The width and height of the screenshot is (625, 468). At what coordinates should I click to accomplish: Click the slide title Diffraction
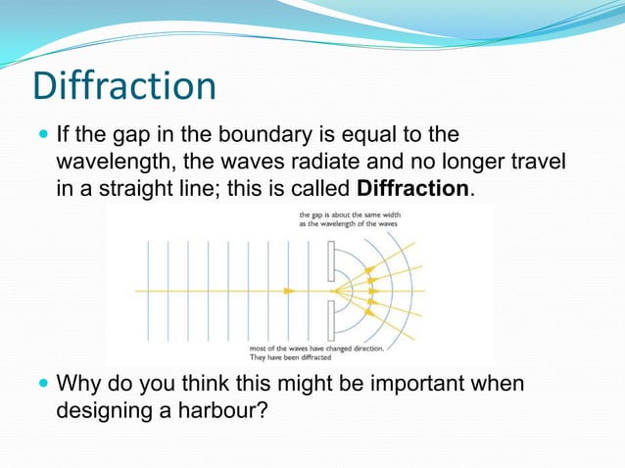click(123, 86)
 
